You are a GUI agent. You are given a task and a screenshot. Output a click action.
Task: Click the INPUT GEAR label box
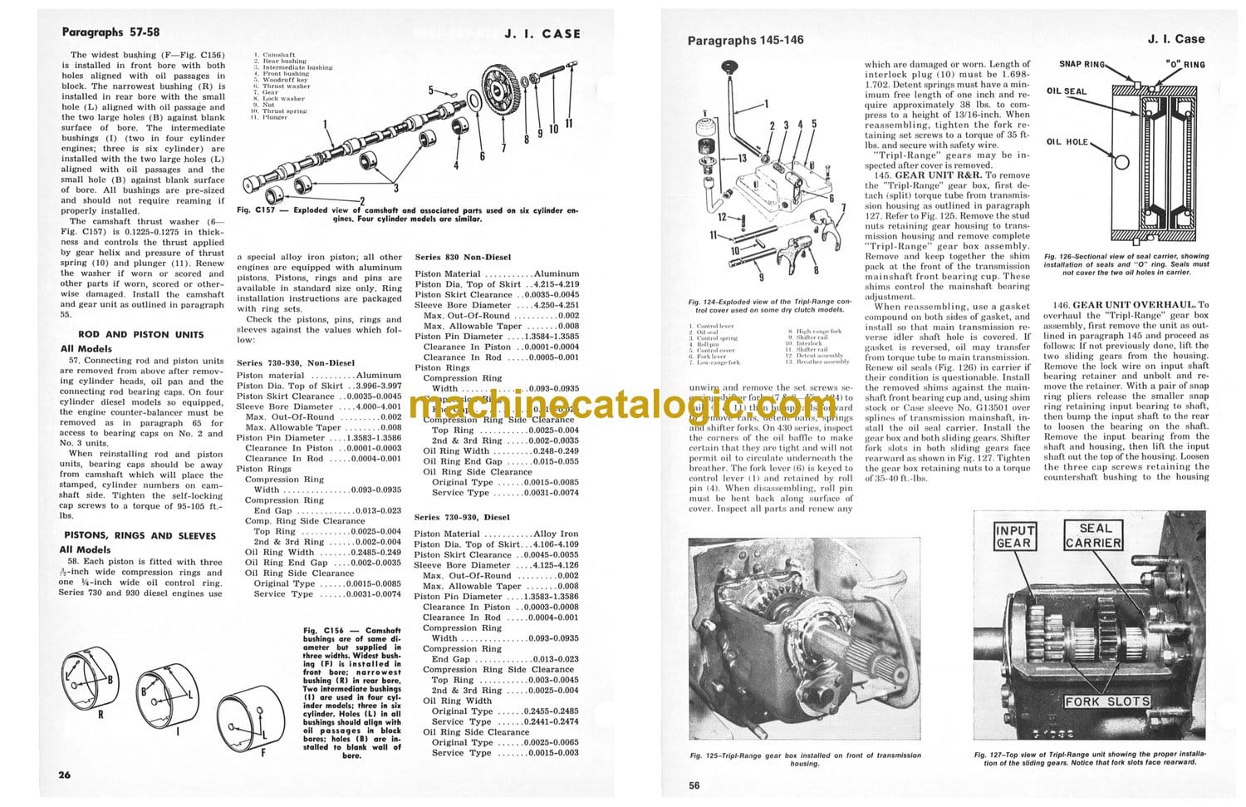[x=1015, y=537]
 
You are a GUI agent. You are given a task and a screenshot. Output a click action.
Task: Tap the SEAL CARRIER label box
[x=1094, y=536]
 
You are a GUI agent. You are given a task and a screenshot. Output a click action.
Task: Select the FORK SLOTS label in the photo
[x=1107, y=701]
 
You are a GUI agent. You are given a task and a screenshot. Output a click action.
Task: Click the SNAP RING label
[x=1082, y=64]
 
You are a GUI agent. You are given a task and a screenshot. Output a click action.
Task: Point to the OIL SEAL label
[x=1066, y=91]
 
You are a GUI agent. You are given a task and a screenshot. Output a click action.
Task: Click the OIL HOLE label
[x=1067, y=142]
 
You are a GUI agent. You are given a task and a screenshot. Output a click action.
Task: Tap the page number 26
[x=65, y=775]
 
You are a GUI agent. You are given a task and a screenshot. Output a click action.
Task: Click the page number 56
[x=694, y=785]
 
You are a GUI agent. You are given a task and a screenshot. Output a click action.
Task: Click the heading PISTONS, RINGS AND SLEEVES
[x=140, y=536]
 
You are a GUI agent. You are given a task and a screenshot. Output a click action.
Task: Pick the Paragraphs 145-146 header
[x=745, y=40]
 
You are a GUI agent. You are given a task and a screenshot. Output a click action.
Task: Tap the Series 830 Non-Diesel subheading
[x=463, y=258]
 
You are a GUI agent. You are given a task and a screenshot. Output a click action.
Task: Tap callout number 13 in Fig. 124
[x=742, y=158]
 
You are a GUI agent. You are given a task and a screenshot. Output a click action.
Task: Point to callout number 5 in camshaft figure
[x=431, y=90]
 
